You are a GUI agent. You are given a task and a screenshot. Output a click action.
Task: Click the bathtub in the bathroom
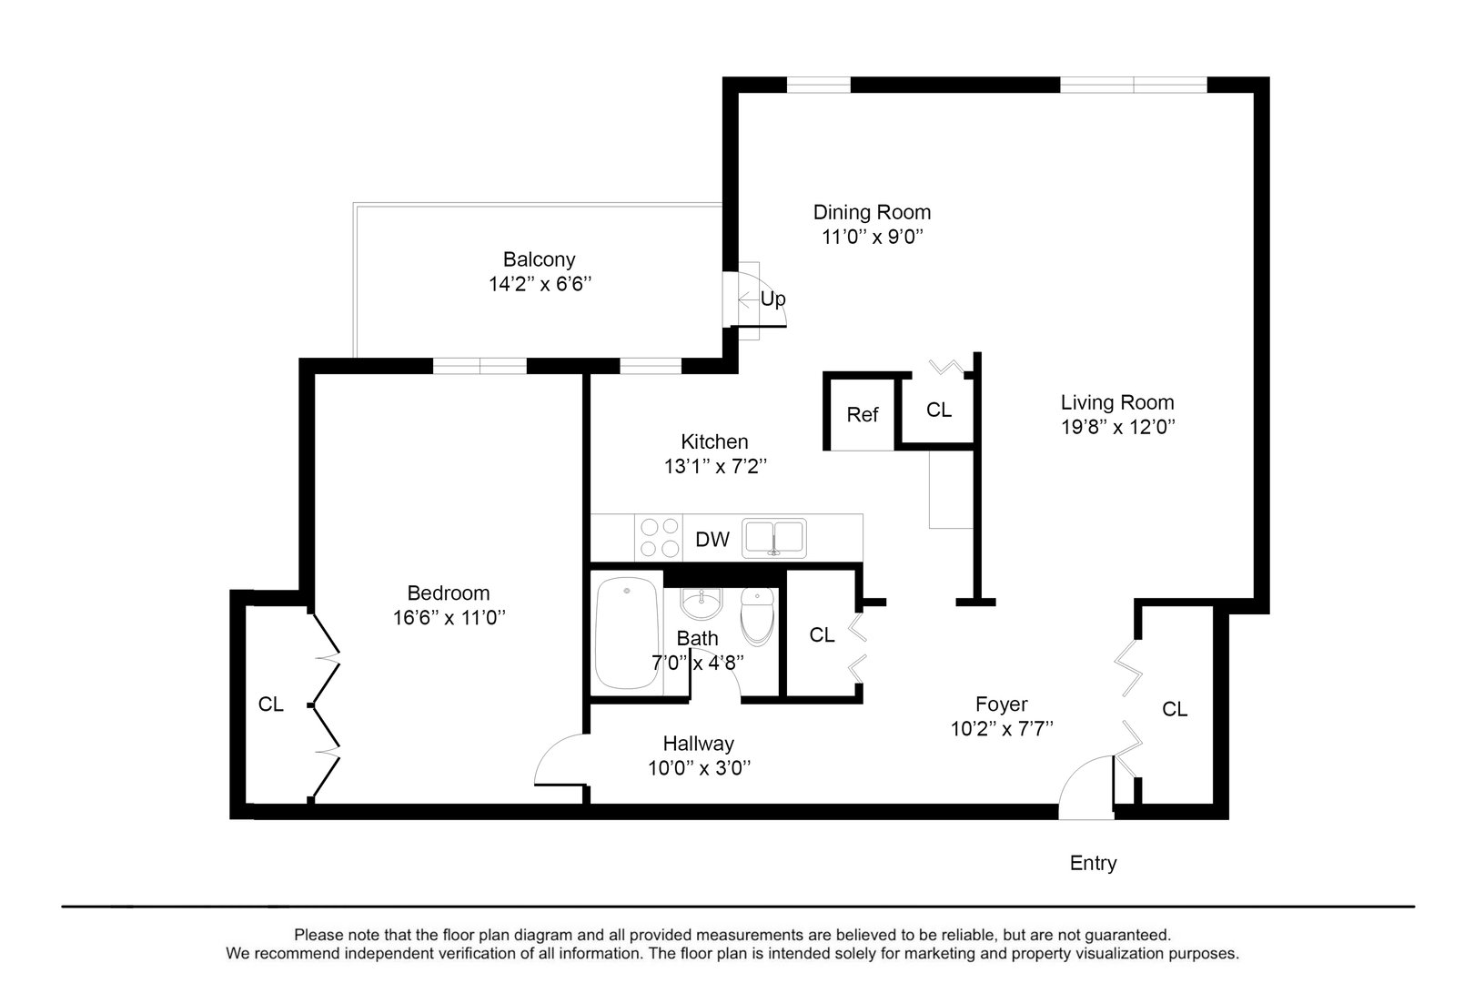coord(627,634)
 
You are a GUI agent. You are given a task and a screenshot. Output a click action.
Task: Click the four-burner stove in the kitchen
coord(660,537)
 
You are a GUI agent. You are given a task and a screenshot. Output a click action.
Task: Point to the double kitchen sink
coord(773,537)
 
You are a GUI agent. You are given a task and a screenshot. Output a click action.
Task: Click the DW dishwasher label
coord(712,539)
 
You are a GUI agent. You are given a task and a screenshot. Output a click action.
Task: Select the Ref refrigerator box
coord(862,415)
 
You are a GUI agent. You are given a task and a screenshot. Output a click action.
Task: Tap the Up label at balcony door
coord(772,299)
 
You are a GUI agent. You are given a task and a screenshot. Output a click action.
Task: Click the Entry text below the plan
coord(1093,863)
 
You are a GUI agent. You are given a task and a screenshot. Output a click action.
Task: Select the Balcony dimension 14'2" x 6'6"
coord(540,284)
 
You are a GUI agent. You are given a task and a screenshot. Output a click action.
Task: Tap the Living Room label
coord(1116,402)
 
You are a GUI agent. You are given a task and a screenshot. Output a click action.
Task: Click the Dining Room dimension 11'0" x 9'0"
coord(872,237)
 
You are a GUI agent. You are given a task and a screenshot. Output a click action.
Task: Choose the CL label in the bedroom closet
coord(270,704)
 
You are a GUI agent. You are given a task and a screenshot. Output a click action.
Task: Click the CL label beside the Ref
coord(939,410)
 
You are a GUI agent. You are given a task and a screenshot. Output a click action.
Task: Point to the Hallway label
coord(698,744)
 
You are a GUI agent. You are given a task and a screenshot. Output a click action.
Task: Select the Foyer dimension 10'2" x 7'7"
coord(1002,728)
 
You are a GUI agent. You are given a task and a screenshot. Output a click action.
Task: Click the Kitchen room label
coord(714,441)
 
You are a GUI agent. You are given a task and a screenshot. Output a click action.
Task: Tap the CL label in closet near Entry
coord(1175,709)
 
